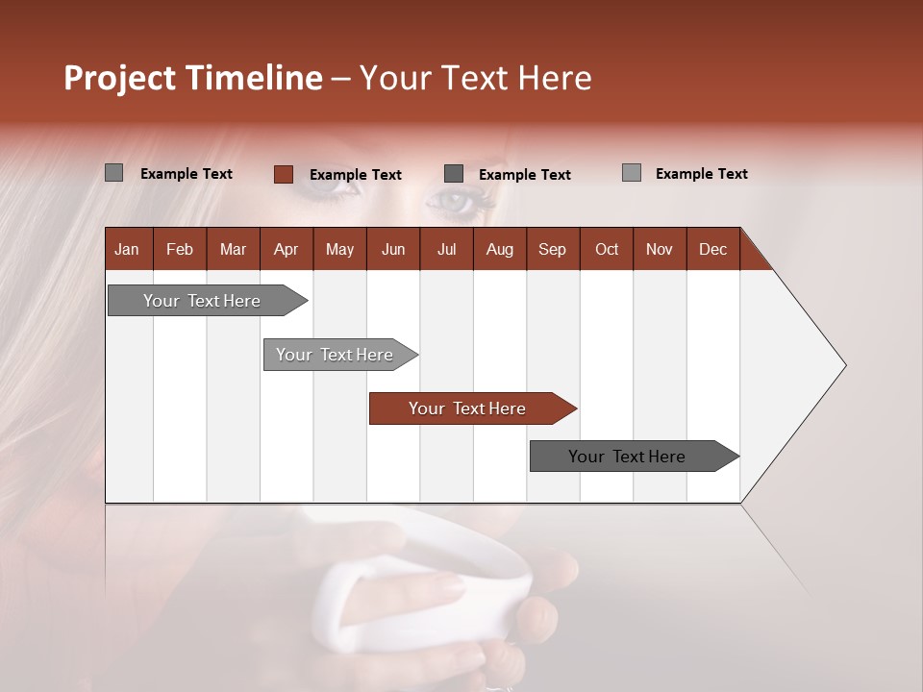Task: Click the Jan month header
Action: (127, 249)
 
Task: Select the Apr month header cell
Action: (286, 249)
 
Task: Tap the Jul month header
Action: (446, 249)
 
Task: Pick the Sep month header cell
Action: (552, 249)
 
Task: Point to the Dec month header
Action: (712, 249)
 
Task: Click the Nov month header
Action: (659, 249)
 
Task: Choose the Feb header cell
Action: (180, 249)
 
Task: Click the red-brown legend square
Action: (283, 174)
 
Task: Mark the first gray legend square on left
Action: (113, 173)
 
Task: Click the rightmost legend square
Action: (631, 173)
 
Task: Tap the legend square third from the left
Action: (454, 174)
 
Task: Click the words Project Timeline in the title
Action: (192, 78)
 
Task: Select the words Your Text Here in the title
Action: (475, 78)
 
